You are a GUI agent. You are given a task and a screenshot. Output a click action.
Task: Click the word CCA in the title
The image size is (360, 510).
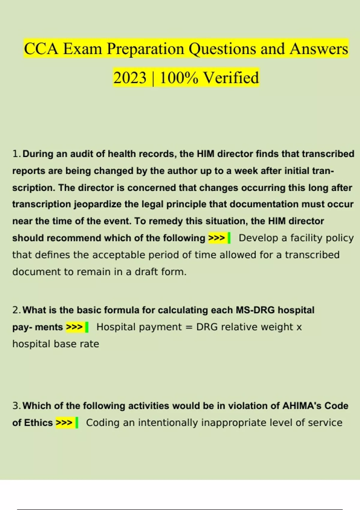pos(41,49)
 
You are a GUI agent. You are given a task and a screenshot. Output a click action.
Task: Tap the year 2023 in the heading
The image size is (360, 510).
pos(130,78)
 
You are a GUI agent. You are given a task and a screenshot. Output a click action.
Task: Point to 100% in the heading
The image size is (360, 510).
pos(179,78)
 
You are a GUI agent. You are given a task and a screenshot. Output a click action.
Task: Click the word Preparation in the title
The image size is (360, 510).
pos(145,49)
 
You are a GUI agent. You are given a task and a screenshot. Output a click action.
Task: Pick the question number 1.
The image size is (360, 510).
pos(16,154)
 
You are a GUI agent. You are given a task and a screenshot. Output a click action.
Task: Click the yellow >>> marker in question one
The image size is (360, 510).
pos(217,238)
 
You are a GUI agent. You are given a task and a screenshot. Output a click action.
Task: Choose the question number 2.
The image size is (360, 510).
pos(16,310)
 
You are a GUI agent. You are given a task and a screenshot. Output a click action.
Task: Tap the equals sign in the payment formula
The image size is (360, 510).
pos(189,327)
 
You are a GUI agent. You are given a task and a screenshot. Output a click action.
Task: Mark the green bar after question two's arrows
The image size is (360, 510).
pos(87,327)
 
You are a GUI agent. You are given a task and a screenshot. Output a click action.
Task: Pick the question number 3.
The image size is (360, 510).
pos(16,406)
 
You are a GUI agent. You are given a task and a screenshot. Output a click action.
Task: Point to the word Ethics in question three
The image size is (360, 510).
pos(38,423)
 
